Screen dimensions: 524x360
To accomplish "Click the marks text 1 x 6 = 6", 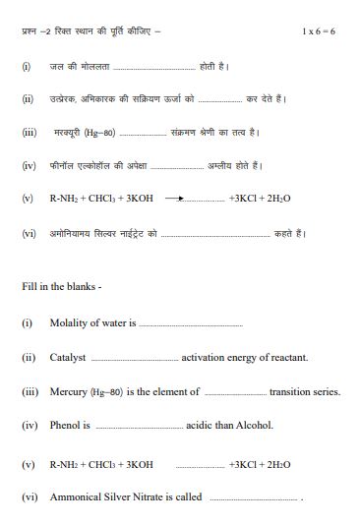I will tap(320, 32).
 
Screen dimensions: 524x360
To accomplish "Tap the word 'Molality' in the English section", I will tap(71, 321).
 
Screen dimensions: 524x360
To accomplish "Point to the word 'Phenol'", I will tap(66, 426).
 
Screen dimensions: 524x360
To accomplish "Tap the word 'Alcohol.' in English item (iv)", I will tap(254, 426).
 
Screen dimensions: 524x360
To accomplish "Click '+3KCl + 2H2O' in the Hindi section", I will tap(260, 199).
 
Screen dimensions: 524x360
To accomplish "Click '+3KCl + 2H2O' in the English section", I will tap(260, 462).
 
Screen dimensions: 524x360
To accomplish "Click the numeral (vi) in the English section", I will tap(29, 496).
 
